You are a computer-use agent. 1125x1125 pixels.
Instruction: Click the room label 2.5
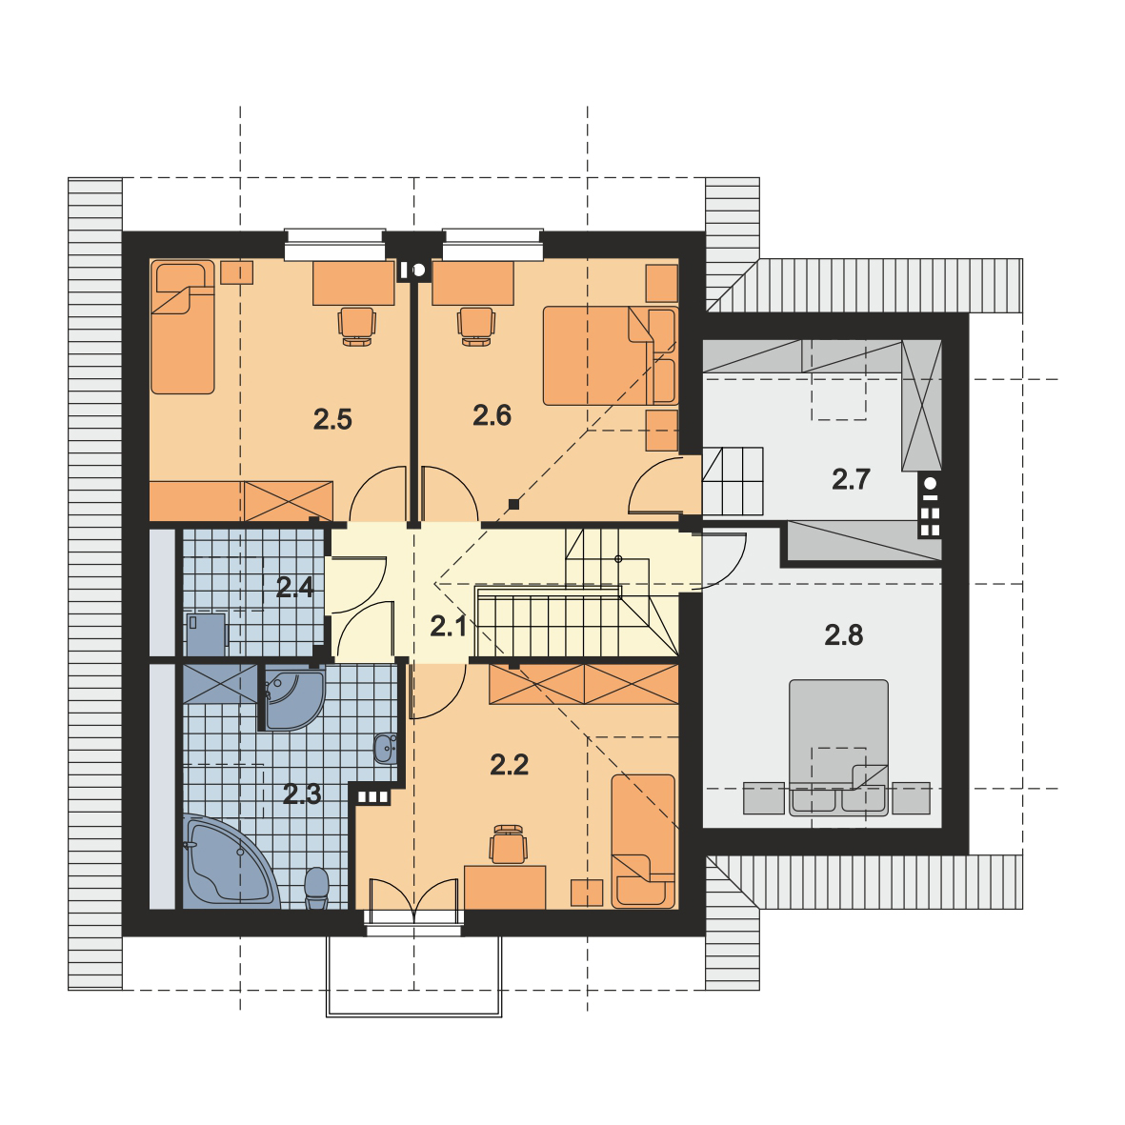(332, 418)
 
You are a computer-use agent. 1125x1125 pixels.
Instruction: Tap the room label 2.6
(492, 414)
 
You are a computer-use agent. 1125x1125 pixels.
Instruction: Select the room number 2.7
(851, 479)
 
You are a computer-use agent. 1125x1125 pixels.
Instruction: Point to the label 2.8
(843, 634)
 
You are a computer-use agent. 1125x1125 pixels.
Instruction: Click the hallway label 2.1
(448, 626)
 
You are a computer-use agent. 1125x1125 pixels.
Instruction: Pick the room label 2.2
(509, 764)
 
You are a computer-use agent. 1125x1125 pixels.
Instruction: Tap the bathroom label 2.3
(302, 794)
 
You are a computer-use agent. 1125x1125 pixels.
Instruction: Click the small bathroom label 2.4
(294, 587)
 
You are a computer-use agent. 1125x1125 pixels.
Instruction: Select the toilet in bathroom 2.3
(316, 885)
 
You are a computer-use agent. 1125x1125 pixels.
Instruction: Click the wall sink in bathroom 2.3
(385, 749)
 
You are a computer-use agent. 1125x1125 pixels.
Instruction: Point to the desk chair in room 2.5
(356, 325)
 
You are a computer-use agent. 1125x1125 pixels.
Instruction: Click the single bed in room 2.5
(183, 328)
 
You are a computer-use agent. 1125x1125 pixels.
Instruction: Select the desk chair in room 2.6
(475, 325)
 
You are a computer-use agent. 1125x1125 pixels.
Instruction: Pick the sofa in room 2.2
(643, 840)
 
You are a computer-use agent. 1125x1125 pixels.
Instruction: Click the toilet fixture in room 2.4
(206, 633)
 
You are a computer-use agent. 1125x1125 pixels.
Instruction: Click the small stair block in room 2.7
(733, 481)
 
